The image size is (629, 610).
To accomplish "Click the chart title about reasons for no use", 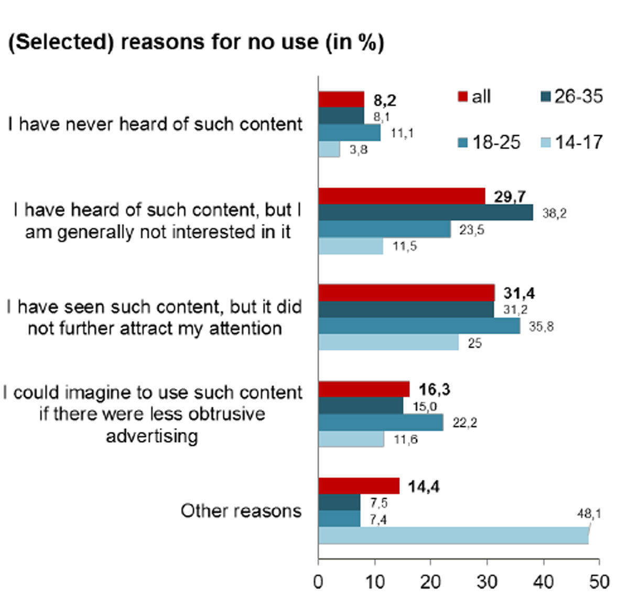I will (x=196, y=42).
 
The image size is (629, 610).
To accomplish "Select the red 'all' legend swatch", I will (x=462, y=97).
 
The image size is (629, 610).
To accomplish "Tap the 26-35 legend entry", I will (x=571, y=96).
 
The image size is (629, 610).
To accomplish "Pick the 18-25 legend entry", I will (x=490, y=142).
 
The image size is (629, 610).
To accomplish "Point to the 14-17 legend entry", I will (x=571, y=142).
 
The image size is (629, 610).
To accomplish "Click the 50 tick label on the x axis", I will (x=599, y=582).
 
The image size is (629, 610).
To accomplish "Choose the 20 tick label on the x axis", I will (x=430, y=582).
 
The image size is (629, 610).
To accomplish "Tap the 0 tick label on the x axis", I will (x=318, y=582).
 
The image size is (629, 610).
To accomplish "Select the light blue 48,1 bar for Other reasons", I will (x=453, y=536).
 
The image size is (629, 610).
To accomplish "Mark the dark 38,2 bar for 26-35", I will (x=426, y=213).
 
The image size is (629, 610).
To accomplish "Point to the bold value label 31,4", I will (x=519, y=293).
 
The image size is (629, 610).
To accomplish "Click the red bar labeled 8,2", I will (x=341, y=99).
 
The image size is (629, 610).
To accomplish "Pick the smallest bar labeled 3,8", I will (x=329, y=149).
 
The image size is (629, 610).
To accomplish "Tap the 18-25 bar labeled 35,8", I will (x=419, y=326).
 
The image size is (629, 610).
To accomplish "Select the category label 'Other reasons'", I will (x=241, y=510).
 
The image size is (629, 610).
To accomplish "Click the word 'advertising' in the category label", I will (x=152, y=435).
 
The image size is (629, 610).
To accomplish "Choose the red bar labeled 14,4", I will (x=359, y=486).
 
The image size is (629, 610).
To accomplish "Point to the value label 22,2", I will (x=465, y=422).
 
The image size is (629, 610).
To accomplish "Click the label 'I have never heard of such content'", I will (x=155, y=124).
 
